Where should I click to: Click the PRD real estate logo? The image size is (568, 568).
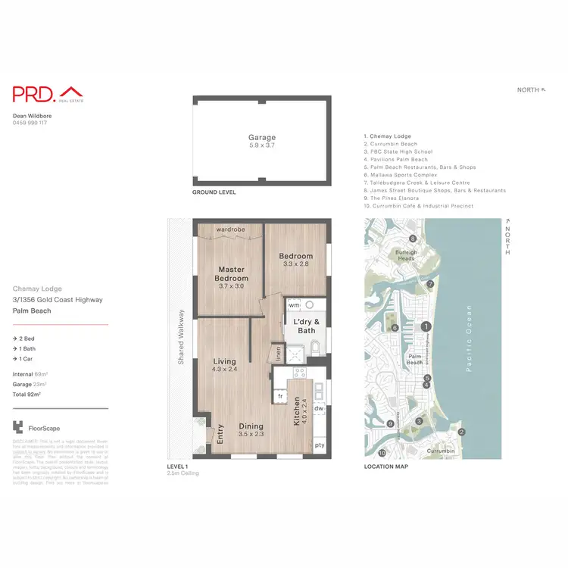45,94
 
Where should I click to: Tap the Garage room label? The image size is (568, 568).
262,138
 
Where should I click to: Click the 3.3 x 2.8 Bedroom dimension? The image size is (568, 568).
295,264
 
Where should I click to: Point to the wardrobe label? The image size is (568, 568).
229,229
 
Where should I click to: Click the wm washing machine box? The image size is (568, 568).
295,305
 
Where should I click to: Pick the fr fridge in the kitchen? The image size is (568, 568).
280,396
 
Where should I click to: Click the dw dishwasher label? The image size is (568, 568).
319,408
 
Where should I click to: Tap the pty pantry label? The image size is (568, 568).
319,445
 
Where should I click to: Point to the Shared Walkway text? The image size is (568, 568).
181,337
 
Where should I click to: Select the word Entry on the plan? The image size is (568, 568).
220,433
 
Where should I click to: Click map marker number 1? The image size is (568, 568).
426,326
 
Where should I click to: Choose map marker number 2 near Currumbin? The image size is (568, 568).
461,432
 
